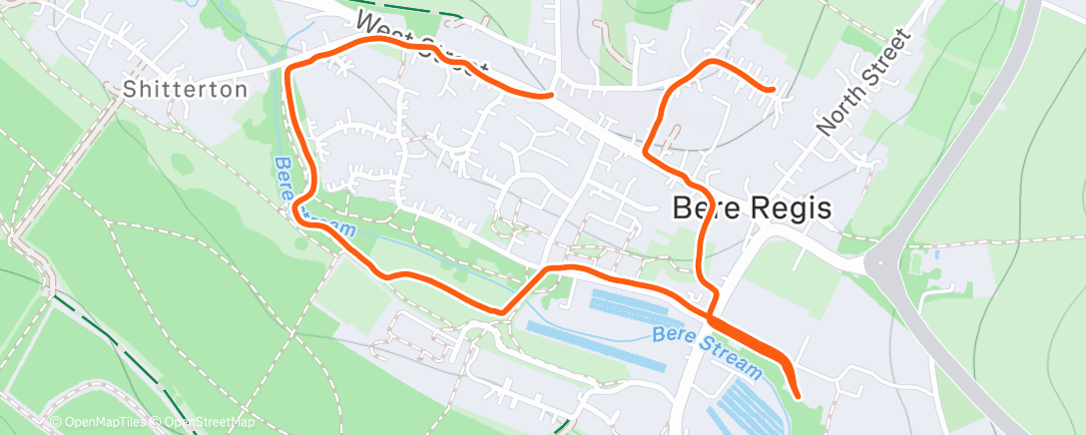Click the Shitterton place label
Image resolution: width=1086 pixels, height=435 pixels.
pos(185,90)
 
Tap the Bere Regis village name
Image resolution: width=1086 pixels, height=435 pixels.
pos(752,208)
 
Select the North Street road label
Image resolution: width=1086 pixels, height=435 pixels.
pos(864,82)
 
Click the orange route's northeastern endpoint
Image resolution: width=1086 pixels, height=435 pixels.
pos(774,90)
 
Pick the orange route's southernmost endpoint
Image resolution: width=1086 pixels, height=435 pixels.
pos(797,393)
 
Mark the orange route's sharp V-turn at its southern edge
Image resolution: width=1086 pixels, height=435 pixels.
pos(502,310)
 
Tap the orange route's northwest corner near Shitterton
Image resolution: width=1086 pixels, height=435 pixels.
pos(291,67)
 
